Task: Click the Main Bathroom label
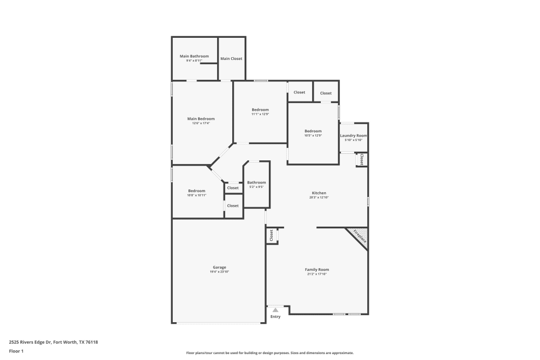click(x=194, y=56)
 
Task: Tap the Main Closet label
click(x=231, y=58)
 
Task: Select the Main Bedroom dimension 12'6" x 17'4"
click(x=201, y=124)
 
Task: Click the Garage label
click(x=219, y=267)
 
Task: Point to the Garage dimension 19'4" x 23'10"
click(x=219, y=272)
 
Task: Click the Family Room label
click(x=317, y=269)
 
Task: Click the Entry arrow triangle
click(x=275, y=310)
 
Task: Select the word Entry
click(x=275, y=317)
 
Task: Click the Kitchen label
click(x=319, y=193)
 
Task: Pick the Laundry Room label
click(x=354, y=135)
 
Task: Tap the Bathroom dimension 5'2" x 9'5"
click(x=256, y=187)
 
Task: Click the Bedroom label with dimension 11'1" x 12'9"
click(x=260, y=110)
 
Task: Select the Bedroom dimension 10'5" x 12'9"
click(x=313, y=135)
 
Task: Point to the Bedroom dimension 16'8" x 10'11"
click(x=197, y=195)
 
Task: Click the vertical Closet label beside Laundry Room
click(x=361, y=160)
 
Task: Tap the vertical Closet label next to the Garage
click(x=271, y=235)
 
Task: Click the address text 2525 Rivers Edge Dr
click(x=32, y=342)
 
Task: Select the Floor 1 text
click(x=16, y=351)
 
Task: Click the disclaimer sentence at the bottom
click(x=269, y=352)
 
